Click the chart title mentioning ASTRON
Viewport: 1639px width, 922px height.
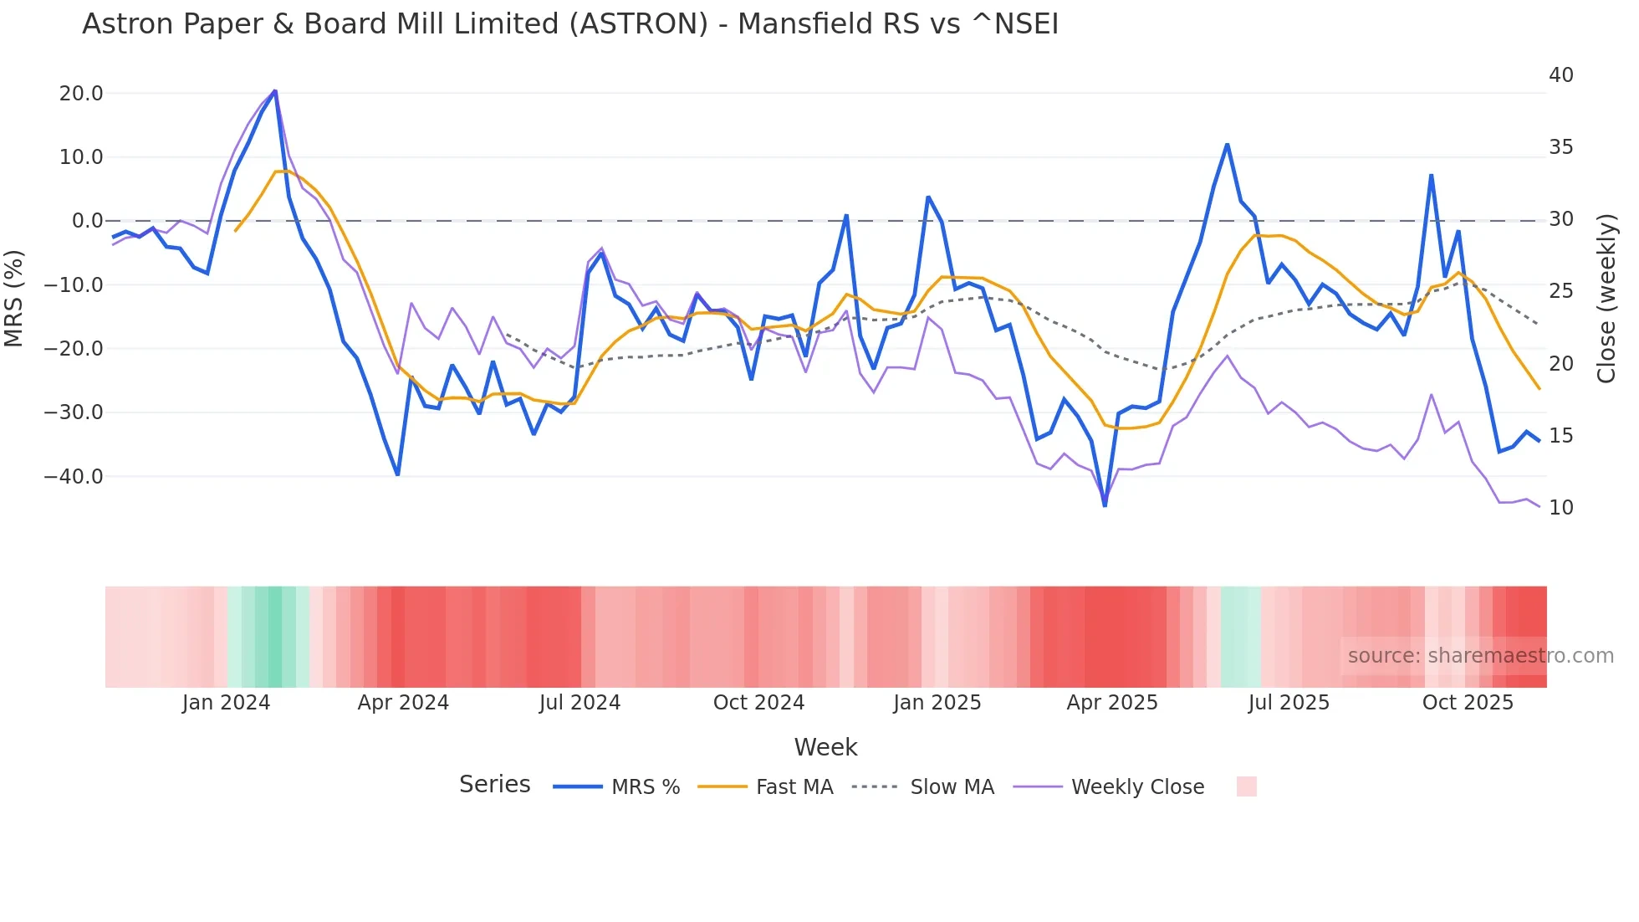coord(569,24)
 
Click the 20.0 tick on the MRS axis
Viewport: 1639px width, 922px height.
coord(81,94)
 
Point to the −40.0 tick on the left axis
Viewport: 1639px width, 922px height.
coord(74,477)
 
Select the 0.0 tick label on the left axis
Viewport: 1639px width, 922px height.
coord(87,221)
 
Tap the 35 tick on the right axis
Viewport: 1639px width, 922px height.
coord(1560,147)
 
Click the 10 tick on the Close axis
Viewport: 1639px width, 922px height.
coord(1560,508)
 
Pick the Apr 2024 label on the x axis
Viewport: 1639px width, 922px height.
coord(403,703)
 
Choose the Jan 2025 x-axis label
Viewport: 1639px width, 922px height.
coord(937,703)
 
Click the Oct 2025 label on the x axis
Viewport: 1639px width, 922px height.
coord(1468,703)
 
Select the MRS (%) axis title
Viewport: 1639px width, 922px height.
coord(14,298)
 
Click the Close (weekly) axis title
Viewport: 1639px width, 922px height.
coord(1606,298)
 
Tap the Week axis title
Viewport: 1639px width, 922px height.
coord(825,747)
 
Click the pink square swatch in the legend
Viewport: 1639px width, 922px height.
coord(1246,786)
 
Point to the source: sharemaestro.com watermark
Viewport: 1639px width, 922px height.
coord(1480,656)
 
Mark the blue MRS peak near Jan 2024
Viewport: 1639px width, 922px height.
coord(275,91)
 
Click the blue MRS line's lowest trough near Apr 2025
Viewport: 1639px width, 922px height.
coord(1105,505)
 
